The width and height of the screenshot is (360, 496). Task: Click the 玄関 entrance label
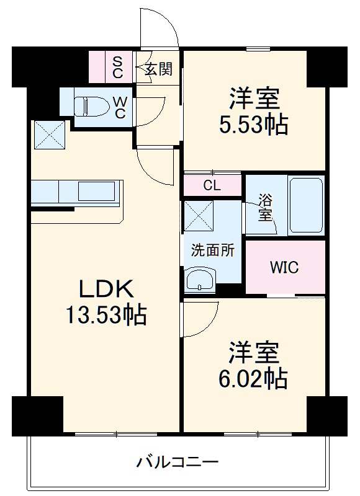coord(158,68)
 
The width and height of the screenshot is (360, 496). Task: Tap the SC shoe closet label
coord(118,67)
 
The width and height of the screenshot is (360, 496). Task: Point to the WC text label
coord(121,107)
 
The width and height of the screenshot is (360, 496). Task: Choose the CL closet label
coord(212,185)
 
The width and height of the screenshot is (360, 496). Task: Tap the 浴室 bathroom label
coord(265,208)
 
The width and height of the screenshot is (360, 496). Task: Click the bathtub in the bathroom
coord(305,205)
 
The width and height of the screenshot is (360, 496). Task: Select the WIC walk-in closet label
coord(284,268)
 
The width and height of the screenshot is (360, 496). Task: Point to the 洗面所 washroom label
coord(212,250)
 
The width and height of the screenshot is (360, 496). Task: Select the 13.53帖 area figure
coord(107,316)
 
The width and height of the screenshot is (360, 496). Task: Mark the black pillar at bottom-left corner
coord(38,412)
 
